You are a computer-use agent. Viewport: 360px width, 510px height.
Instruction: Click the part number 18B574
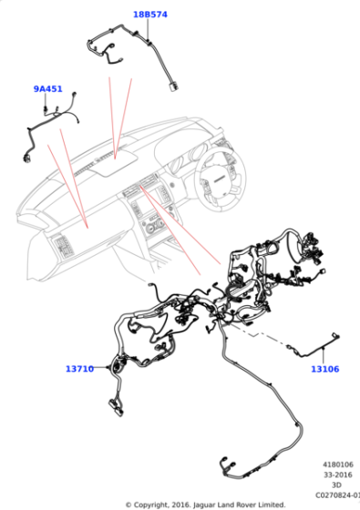tap(150, 15)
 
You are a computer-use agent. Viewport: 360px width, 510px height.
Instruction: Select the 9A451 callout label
tap(47, 89)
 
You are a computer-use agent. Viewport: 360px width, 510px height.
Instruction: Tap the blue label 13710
tap(80, 369)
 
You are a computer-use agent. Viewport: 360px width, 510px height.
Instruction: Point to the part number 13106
tap(325, 369)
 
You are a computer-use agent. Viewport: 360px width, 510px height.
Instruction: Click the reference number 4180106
tap(338, 464)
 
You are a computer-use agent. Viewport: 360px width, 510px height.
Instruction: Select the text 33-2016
tap(338, 474)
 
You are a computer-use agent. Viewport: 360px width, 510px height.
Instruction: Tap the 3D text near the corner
tap(336, 484)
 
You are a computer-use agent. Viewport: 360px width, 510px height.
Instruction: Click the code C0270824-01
tap(337, 495)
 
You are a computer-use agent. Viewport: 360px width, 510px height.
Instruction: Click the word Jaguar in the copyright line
tap(204, 505)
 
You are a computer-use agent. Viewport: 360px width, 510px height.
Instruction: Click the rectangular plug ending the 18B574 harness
tap(174, 87)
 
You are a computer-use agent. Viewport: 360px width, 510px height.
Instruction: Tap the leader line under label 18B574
tap(148, 29)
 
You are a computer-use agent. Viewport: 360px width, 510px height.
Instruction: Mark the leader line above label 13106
tap(324, 356)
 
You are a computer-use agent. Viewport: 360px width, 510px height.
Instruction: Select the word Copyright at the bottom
tap(150, 505)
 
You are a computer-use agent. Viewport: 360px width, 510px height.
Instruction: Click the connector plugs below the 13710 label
tap(117, 407)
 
